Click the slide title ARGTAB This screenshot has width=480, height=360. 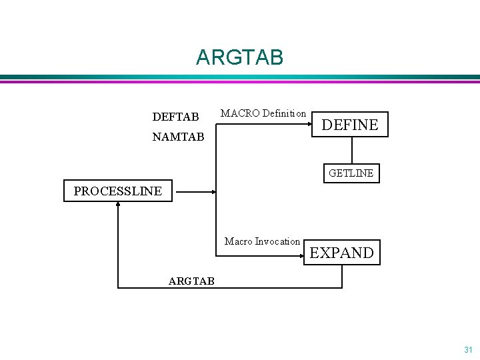tap(239, 57)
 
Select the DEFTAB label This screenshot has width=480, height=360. tap(175, 117)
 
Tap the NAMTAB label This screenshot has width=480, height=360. tap(178, 137)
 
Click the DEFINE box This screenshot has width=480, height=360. tap(350, 124)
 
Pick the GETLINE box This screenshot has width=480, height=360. tap(351, 173)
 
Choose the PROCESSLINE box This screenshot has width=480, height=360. tap(117, 191)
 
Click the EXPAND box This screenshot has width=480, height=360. tap(341, 253)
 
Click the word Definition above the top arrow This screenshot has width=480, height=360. tap(284, 113)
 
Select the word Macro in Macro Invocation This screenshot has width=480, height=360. tap(237, 241)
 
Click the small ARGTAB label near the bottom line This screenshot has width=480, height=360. tap(191, 281)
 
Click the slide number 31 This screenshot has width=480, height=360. tap(467, 349)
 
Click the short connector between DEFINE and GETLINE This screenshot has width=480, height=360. tap(351, 150)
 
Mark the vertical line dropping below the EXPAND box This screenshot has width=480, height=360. tap(342, 276)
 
